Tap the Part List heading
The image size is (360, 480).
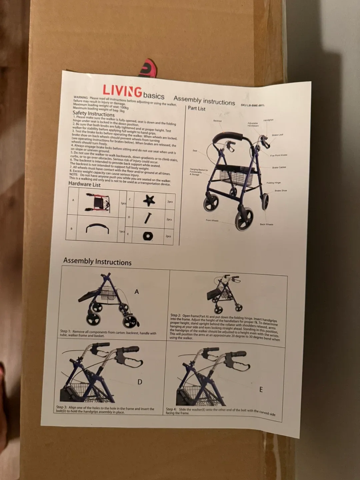click(196, 108)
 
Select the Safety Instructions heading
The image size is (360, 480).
click(93, 114)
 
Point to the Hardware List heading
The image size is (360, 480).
click(84, 184)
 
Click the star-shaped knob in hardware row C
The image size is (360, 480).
click(149, 200)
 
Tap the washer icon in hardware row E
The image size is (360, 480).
click(148, 236)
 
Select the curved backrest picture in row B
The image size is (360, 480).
click(97, 229)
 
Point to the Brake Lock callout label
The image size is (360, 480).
click(277, 135)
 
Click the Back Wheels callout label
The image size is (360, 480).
click(266, 224)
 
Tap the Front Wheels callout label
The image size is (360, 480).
click(212, 220)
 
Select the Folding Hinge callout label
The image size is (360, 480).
click(273, 183)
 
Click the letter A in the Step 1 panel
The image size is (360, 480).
click(136, 292)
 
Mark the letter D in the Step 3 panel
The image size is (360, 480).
click(140, 382)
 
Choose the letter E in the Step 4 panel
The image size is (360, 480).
click(261, 389)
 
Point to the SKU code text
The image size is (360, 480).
click(252, 105)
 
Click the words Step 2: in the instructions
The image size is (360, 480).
click(176, 315)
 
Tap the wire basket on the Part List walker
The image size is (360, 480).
click(236, 178)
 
